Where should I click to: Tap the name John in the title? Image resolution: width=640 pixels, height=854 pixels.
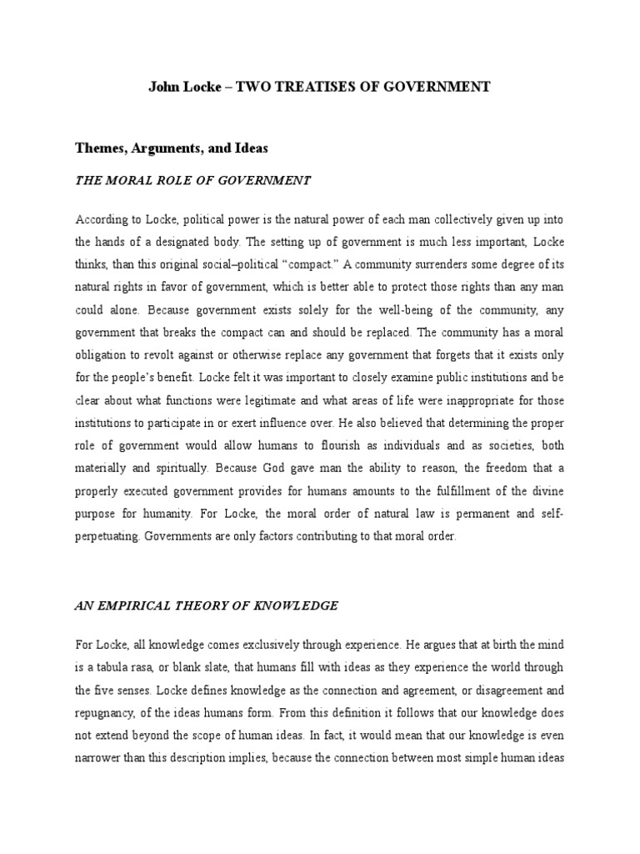tap(164, 86)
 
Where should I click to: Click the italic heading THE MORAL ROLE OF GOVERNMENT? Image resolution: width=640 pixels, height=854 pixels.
tap(193, 179)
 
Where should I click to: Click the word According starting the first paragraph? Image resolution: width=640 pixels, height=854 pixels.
tap(101, 219)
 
